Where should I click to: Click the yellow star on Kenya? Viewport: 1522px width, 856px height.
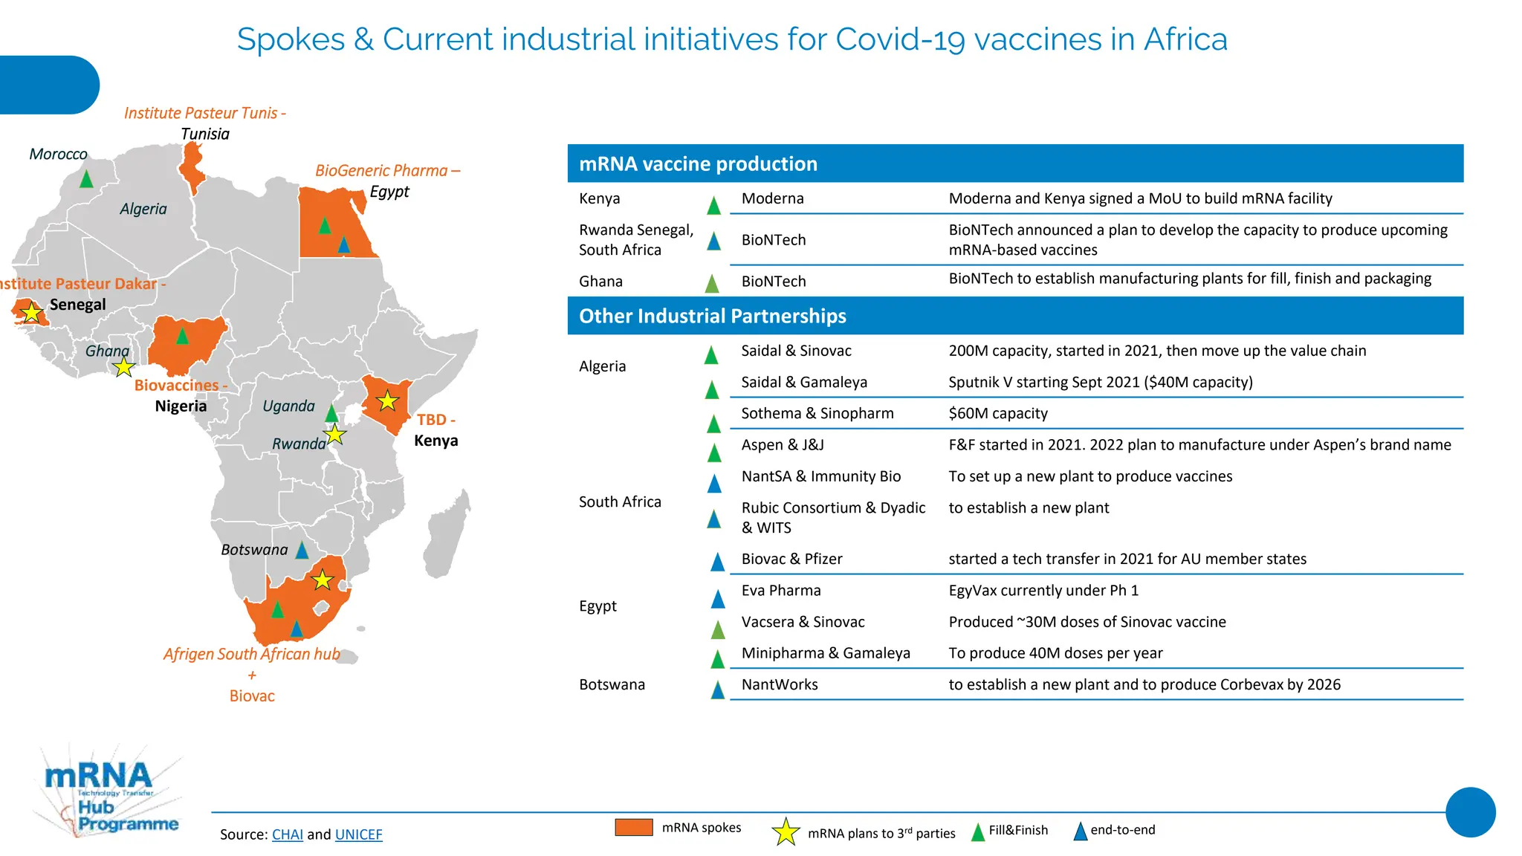click(387, 401)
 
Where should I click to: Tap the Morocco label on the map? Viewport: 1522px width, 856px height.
click(58, 154)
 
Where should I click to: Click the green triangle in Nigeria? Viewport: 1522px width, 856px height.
click(182, 337)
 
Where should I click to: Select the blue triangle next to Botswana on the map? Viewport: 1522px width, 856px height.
click(302, 551)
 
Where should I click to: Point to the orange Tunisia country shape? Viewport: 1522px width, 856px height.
click(193, 167)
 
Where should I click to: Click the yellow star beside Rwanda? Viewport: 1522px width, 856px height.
click(335, 434)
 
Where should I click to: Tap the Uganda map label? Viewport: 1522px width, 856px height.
click(288, 406)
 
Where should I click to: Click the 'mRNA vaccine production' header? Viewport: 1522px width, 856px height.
click(698, 163)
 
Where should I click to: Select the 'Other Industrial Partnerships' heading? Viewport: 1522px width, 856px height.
click(712, 316)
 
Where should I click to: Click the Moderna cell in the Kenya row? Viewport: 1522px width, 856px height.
click(772, 198)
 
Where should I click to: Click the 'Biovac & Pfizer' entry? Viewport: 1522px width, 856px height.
click(791, 559)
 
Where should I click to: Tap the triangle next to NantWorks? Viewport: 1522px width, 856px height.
click(717, 690)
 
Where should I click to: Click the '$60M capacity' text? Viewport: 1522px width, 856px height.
click(997, 413)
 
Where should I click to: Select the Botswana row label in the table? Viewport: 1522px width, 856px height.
click(612, 684)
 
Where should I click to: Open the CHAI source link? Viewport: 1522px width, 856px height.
click(287, 834)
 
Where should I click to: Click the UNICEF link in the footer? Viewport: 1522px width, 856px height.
click(358, 834)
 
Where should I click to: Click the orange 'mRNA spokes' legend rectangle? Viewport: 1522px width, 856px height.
click(633, 827)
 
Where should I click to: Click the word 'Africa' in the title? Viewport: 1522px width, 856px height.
click(1185, 39)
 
